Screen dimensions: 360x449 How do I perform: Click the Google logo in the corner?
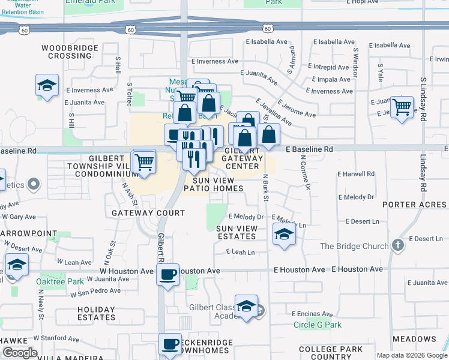pos(20,353)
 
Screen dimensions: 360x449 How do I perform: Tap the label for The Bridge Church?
pos(354,246)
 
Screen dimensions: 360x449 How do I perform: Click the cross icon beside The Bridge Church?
pos(397,245)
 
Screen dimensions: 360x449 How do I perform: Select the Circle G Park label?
pos(318,325)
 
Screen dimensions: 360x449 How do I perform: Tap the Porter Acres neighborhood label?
pos(415,205)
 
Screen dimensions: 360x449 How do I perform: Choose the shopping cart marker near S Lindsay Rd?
pos(402,108)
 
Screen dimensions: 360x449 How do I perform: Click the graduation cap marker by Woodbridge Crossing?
pos(47,86)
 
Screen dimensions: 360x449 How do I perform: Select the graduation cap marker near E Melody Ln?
pos(284,234)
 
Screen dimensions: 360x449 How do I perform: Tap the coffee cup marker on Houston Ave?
pos(167,274)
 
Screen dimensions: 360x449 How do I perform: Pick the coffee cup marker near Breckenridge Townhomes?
pos(170,344)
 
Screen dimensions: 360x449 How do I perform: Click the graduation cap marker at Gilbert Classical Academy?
pos(246,307)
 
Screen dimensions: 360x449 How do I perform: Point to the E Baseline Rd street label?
pos(309,149)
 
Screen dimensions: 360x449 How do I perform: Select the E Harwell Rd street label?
pos(356,174)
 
